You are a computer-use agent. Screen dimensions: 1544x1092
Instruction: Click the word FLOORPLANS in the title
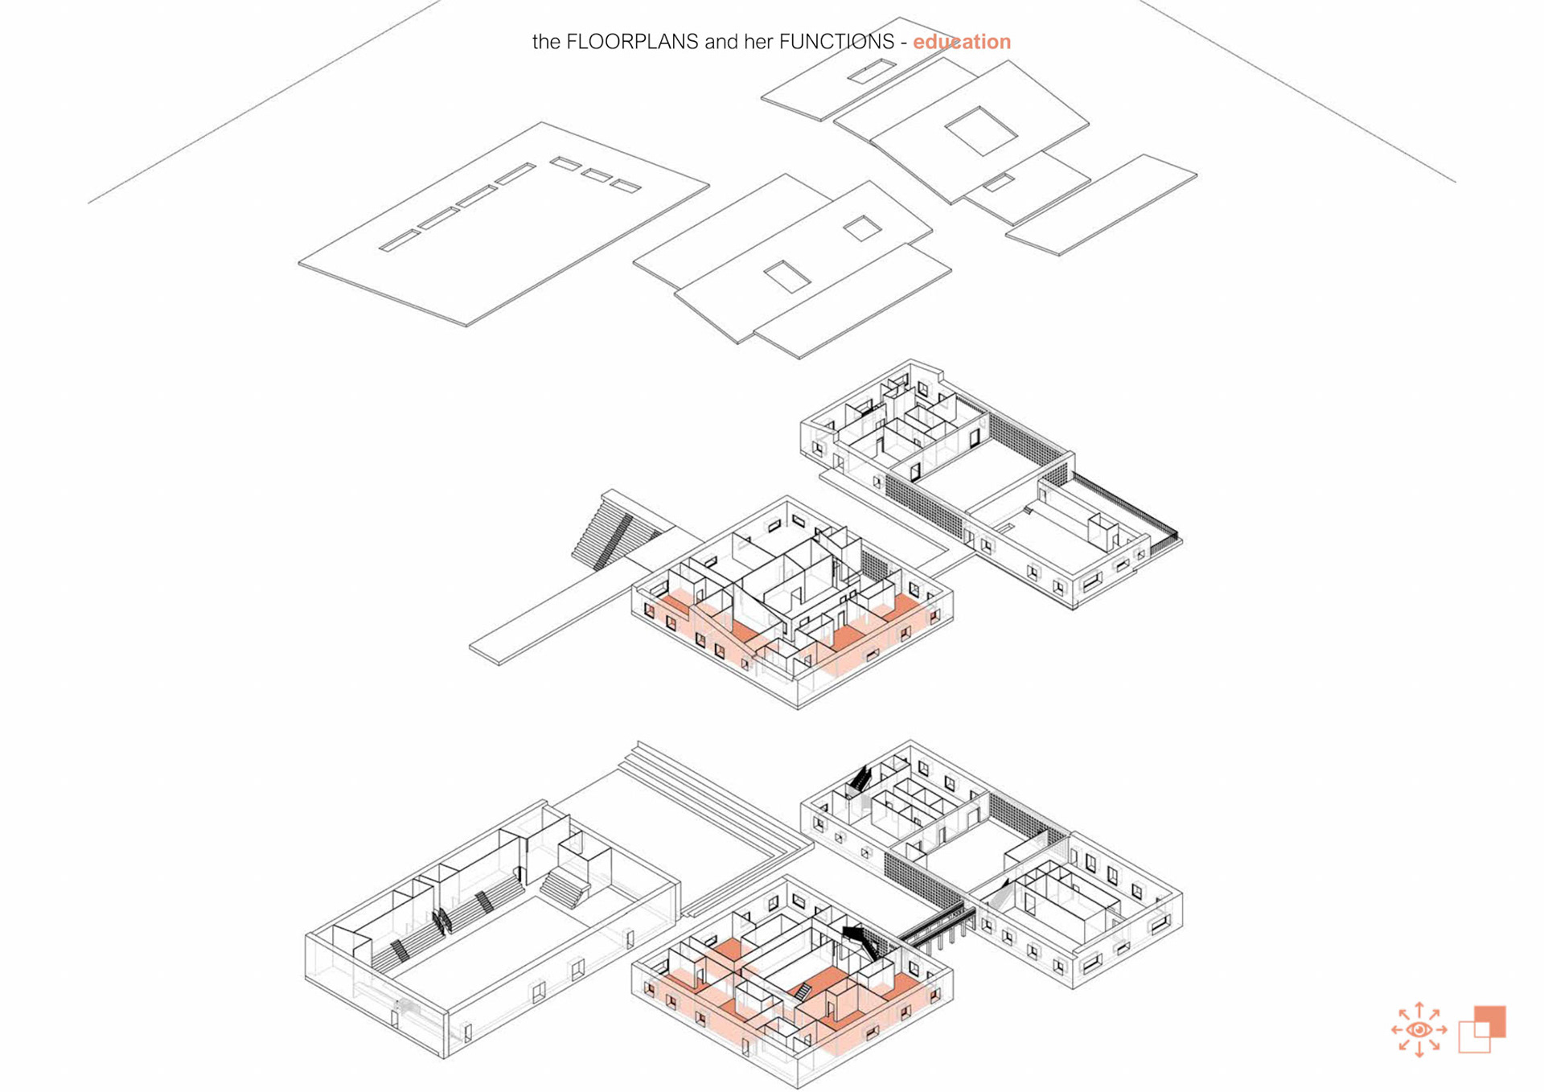(x=632, y=42)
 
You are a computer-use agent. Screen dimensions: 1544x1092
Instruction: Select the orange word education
(x=961, y=42)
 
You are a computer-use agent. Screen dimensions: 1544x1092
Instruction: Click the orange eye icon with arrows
(x=1419, y=1029)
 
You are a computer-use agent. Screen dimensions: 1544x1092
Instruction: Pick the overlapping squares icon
(x=1481, y=1029)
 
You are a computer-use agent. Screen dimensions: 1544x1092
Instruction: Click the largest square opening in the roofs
(x=980, y=130)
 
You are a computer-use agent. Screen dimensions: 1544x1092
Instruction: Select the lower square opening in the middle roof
(x=786, y=276)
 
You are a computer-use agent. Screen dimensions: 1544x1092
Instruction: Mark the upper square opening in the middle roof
(x=862, y=228)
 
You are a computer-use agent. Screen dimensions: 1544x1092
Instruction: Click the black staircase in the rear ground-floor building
(x=860, y=778)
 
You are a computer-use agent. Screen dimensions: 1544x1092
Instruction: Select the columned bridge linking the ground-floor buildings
(x=937, y=927)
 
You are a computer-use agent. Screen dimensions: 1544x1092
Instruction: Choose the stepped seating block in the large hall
(x=565, y=885)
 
